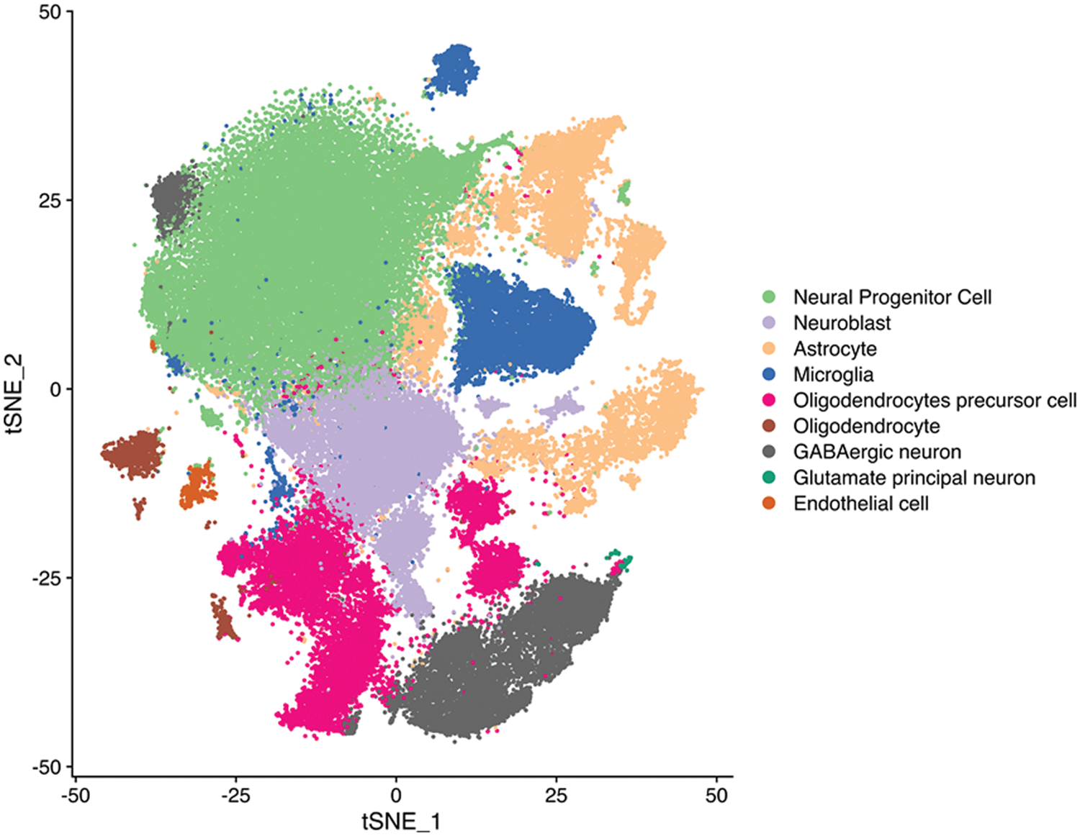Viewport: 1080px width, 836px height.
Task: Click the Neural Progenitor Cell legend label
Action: (x=892, y=297)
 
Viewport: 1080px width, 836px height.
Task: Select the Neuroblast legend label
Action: (x=842, y=323)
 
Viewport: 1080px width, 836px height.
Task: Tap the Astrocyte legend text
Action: (x=834, y=349)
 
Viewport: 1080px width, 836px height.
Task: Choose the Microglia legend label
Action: (x=833, y=375)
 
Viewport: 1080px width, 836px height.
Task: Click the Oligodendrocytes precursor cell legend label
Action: (x=935, y=400)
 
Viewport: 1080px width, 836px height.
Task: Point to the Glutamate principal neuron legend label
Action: (x=914, y=478)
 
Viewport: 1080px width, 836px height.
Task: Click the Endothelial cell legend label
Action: (x=860, y=504)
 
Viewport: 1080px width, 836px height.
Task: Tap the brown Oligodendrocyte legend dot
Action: (x=769, y=426)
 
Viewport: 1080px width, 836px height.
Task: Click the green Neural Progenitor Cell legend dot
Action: (x=769, y=297)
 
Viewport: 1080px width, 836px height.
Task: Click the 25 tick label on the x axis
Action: (x=556, y=796)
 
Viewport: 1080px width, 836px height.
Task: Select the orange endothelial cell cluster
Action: (x=197, y=486)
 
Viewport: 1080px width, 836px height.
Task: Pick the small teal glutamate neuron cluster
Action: (x=621, y=559)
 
